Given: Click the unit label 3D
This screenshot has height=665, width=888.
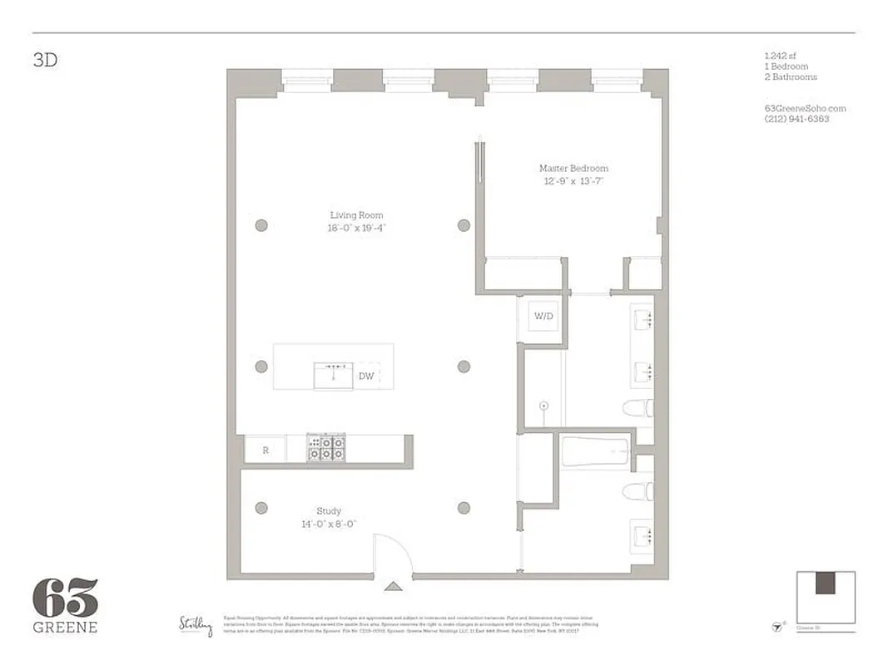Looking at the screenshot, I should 46,61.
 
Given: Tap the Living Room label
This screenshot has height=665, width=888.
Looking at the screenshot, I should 356,215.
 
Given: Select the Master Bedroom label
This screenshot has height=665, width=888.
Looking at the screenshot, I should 573,169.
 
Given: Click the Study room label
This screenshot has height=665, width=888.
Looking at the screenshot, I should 328,511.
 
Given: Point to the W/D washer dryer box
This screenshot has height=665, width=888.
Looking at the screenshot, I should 542,316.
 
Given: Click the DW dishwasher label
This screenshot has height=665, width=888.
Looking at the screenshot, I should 365,377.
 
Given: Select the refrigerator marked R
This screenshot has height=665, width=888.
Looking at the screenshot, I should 265,450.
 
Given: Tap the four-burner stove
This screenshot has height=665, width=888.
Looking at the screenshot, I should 326,448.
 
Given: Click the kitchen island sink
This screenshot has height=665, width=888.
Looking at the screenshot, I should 335,376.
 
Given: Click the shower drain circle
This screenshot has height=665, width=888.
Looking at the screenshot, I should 544,406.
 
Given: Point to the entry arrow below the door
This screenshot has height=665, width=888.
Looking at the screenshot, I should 393,586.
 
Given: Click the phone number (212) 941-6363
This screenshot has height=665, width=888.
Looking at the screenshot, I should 796,119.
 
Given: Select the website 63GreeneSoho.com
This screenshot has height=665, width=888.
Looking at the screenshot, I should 804,108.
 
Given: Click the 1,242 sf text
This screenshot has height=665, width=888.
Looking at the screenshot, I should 780,56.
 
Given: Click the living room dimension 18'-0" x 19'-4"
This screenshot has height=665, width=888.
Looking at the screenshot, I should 356,227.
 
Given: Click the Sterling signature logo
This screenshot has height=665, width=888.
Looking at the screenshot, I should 196,624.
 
